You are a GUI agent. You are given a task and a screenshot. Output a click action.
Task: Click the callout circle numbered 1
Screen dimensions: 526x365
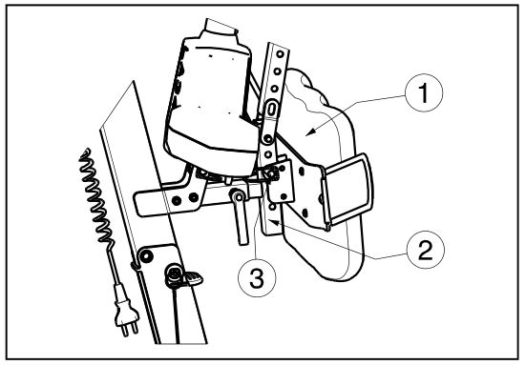(x=424, y=92)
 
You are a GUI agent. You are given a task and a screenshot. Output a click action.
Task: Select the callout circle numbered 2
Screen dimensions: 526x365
(x=426, y=250)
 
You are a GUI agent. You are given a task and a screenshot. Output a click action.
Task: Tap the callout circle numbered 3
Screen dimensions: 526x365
(x=257, y=278)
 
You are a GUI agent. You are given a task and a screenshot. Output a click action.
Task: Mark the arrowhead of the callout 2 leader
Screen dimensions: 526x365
(x=274, y=222)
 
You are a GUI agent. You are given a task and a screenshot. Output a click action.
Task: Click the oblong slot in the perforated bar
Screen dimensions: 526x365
(x=271, y=108)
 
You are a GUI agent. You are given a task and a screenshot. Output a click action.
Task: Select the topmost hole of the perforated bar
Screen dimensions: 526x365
(x=281, y=54)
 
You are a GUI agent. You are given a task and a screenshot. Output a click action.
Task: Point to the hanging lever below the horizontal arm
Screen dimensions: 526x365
(x=242, y=218)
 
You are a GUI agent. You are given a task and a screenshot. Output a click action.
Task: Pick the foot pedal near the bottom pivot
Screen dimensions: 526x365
(x=194, y=278)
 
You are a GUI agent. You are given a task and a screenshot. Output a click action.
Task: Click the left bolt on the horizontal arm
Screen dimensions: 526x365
(x=177, y=200)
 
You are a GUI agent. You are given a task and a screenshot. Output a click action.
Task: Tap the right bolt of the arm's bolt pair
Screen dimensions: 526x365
(x=193, y=197)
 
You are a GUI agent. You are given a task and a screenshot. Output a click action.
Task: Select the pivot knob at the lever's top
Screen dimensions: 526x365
(x=238, y=196)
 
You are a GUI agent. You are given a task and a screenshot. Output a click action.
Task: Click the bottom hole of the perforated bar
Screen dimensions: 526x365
(x=272, y=208)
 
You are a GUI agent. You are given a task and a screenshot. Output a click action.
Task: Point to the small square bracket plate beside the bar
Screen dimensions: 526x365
(x=280, y=181)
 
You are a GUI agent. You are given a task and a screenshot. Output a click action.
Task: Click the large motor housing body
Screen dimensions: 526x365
(x=210, y=100)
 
